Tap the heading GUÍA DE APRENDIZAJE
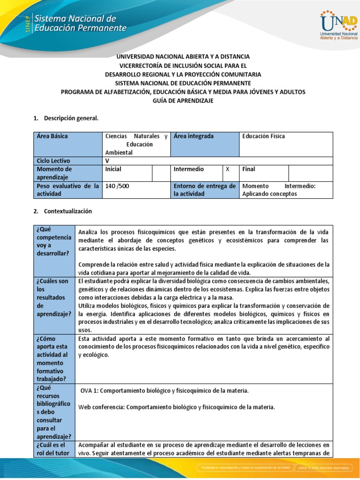click(183, 101)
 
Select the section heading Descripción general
click(71, 118)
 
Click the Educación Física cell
click(263, 136)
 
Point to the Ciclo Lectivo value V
click(107, 160)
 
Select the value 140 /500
click(117, 186)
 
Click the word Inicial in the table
click(113, 169)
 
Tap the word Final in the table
click(249, 169)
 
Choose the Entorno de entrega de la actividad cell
click(204, 190)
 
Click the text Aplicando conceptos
click(270, 194)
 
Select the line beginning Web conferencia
click(176, 407)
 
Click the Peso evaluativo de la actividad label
click(68, 190)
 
